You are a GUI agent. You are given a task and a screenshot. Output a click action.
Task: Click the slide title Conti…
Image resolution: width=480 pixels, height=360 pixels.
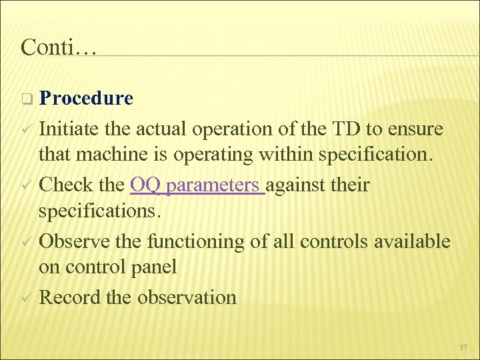pos(59,47)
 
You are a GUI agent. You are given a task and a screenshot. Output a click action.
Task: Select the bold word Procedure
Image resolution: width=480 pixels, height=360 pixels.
pos(86,99)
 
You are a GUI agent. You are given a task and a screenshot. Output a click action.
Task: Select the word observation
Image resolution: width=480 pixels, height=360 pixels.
pos(187,297)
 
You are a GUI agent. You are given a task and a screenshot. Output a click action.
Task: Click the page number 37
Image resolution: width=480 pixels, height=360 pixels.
pos(463,347)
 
